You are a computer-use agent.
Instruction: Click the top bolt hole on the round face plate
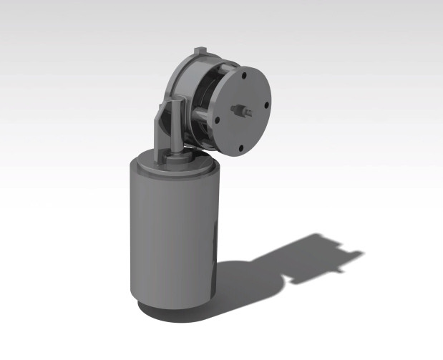click(x=245, y=74)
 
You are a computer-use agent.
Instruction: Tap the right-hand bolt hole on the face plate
click(x=266, y=104)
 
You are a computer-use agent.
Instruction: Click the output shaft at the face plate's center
click(x=241, y=111)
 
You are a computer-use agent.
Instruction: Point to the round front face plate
click(x=250, y=129)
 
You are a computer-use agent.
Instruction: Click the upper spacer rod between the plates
click(x=226, y=68)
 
